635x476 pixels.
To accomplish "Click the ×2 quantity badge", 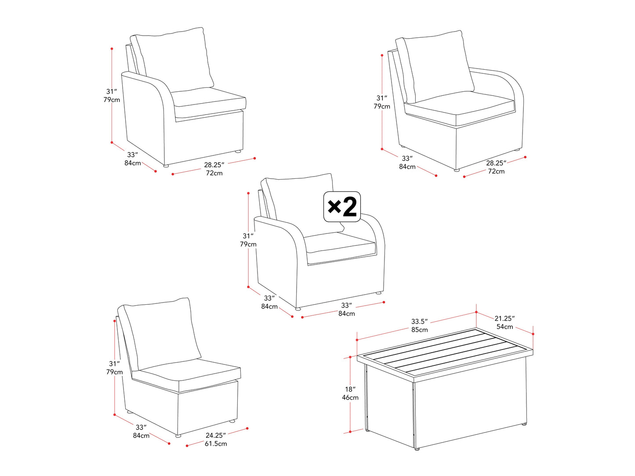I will click(x=342, y=206).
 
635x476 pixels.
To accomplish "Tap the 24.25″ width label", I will click(x=215, y=435).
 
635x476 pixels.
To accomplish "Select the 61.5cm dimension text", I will click(x=215, y=444).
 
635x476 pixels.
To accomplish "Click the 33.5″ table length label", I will click(x=419, y=321).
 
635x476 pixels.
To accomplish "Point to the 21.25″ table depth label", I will click(x=504, y=318).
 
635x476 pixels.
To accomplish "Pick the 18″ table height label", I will click(x=350, y=389).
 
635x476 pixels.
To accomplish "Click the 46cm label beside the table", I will click(x=350, y=397).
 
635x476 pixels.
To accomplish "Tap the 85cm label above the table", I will click(x=419, y=330).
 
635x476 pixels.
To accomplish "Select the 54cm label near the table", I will click(x=504, y=327).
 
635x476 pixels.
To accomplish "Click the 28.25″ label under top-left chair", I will click(x=214, y=165).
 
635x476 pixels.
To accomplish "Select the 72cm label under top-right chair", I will click(x=496, y=171).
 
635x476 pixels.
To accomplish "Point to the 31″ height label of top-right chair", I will click(x=381, y=98).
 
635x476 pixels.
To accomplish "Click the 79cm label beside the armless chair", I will click(x=115, y=372).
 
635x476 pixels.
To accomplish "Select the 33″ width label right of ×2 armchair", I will click(x=346, y=305).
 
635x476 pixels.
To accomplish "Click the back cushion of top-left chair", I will click(x=174, y=59).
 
